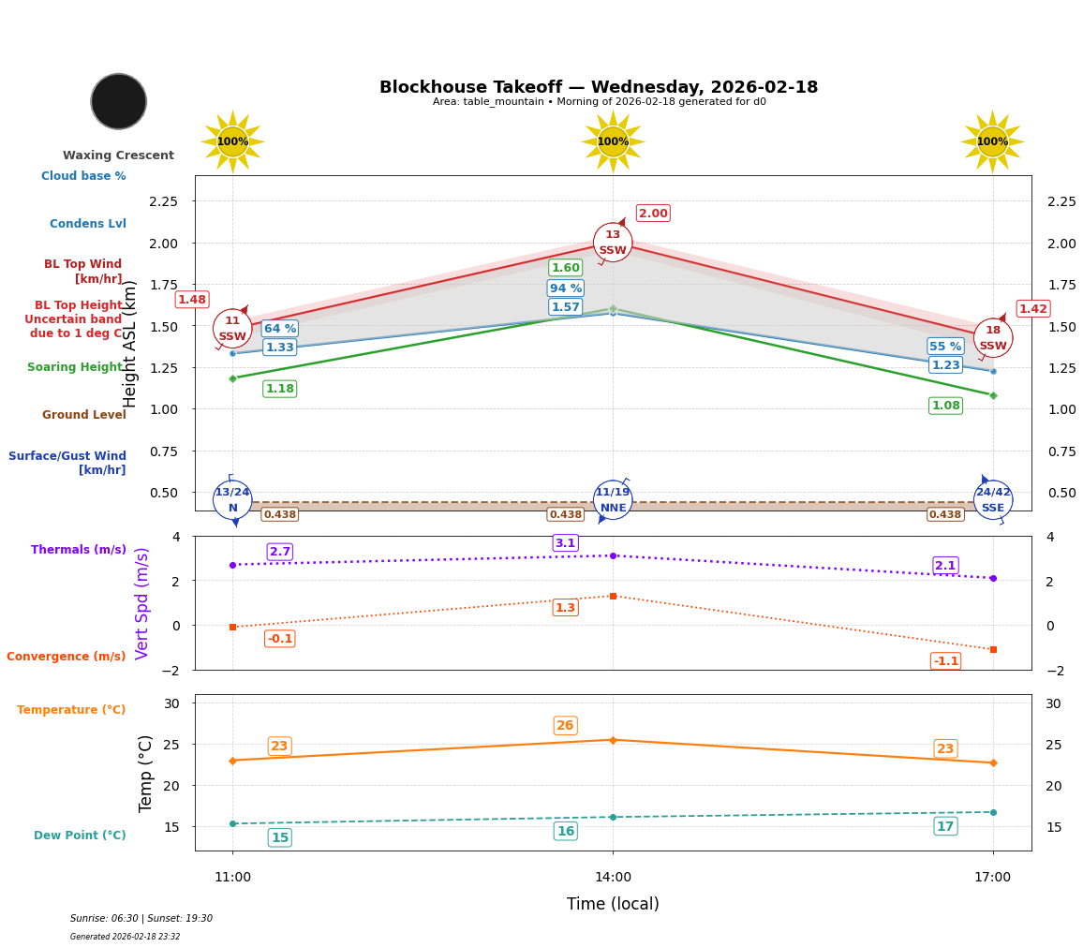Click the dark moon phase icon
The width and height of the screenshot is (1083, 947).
119,101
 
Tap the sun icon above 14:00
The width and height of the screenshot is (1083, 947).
613,141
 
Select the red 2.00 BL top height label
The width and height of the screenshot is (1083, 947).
653,214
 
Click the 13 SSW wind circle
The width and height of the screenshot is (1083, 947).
613,243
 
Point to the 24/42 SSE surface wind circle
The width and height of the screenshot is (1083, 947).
993,499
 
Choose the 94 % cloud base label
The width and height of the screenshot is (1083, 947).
565,289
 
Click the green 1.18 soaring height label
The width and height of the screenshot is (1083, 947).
279,389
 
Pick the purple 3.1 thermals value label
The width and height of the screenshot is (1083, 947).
565,543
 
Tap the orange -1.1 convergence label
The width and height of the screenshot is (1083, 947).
945,661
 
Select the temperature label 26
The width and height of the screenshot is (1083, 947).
565,726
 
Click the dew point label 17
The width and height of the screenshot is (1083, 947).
945,826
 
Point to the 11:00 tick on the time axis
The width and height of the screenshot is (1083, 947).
232,878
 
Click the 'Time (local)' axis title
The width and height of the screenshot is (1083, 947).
613,904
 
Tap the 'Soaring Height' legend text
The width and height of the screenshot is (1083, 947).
75,367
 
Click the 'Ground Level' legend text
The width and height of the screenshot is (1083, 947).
83,415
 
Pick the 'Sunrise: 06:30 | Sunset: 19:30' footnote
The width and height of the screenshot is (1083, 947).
141,919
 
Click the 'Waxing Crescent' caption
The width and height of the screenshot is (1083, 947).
118,155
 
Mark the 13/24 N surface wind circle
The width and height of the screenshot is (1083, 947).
232,499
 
